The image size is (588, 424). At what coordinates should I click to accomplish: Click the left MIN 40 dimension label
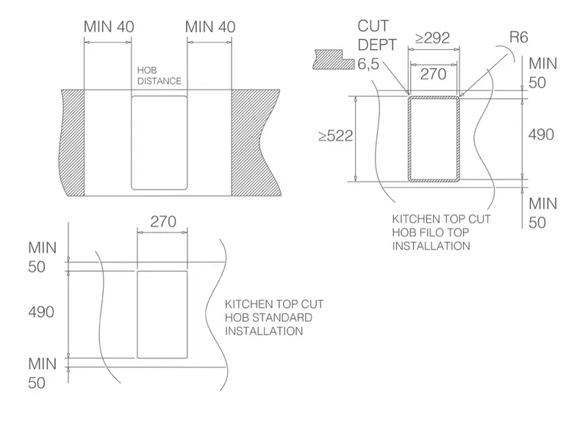click(109, 26)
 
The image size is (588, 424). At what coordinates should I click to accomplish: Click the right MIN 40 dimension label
click(210, 27)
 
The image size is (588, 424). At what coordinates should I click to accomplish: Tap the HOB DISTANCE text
click(159, 76)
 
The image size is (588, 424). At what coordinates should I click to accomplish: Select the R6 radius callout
click(519, 37)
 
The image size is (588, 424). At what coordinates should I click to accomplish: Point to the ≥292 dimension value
click(432, 38)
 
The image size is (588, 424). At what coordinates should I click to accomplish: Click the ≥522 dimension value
click(336, 136)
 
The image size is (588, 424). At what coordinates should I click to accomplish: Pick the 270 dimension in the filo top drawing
click(433, 74)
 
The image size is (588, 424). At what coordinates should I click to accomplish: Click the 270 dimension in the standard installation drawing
click(163, 222)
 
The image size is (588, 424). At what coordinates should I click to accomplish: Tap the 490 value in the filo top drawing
click(541, 134)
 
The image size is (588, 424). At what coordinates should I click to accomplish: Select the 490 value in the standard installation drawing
click(41, 312)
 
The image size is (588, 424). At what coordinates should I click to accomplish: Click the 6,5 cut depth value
click(368, 64)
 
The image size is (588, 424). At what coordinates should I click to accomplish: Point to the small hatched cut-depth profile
click(334, 60)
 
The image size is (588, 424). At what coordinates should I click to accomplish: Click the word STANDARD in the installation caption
click(282, 317)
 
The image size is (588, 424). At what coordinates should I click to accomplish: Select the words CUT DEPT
click(377, 35)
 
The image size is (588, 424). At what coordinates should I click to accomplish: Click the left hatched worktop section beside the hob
click(72, 143)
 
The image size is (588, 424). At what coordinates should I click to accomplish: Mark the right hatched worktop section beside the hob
click(255, 143)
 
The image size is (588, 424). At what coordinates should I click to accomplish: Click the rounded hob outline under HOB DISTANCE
click(132, 143)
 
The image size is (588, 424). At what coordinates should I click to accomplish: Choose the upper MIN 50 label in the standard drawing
click(42, 257)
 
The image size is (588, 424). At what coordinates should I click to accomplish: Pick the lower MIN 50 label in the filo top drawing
click(542, 213)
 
